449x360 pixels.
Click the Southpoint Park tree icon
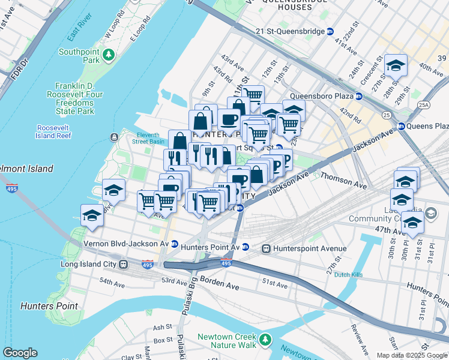[x=109, y=56]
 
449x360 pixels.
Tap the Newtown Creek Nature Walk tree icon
[x=265, y=341]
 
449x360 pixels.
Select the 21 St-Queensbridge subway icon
[x=330, y=31]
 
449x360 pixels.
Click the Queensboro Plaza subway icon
[x=358, y=95]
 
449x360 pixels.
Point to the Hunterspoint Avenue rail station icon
[x=265, y=248]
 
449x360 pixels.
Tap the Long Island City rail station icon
[x=123, y=264]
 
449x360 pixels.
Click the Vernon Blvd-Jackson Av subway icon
[x=174, y=244]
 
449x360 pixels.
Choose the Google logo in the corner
[x=20, y=352]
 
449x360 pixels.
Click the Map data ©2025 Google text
[x=412, y=355]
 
